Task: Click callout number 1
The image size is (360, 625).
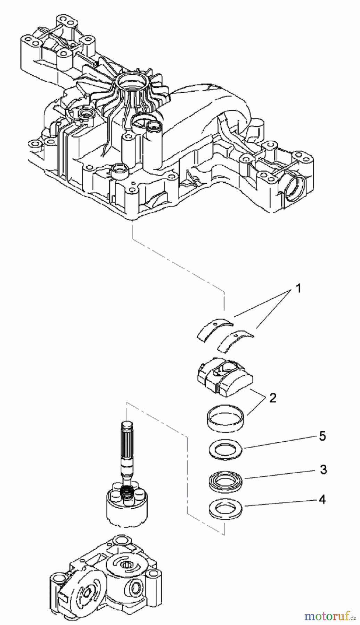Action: [x=297, y=289]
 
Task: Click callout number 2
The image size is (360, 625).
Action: [x=273, y=398]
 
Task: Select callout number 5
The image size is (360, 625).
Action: [x=322, y=436]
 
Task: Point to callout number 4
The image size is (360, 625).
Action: [x=322, y=500]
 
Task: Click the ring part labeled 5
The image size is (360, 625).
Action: [x=226, y=450]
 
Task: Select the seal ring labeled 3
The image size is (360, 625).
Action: [x=226, y=481]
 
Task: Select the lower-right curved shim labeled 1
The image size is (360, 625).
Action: [x=235, y=340]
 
